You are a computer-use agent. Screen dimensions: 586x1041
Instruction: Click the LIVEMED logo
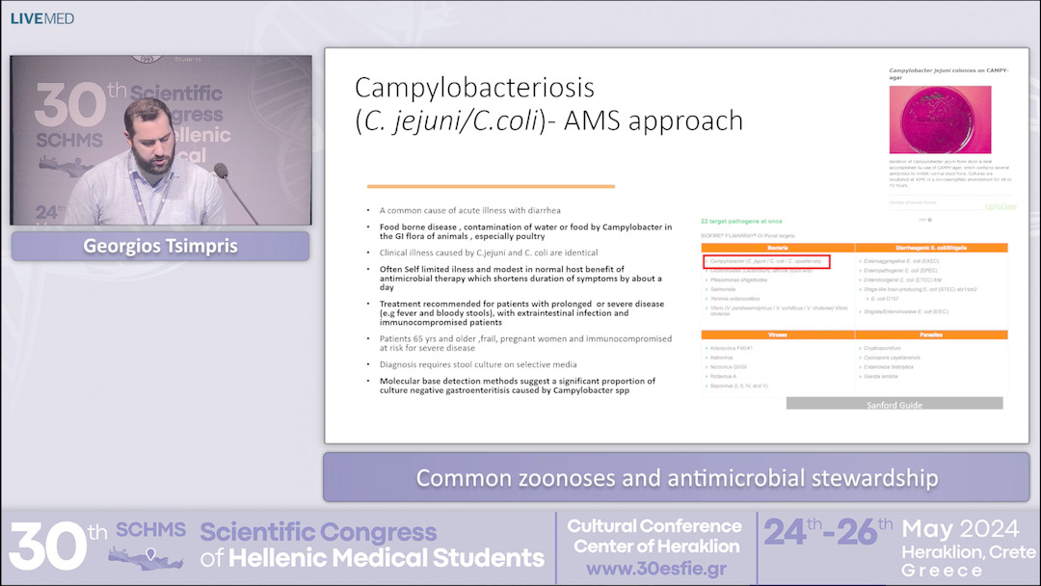coord(42,18)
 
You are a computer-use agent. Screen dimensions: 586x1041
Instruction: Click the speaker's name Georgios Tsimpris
coord(160,246)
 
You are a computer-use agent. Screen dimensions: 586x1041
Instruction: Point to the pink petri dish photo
coord(940,120)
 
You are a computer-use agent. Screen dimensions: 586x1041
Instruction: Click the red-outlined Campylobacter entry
coord(766,261)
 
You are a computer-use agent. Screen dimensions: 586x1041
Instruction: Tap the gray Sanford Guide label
coord(894,405)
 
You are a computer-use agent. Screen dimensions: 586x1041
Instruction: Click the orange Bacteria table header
coord(778,249)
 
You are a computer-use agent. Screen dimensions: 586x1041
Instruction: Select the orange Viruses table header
coord(778,334)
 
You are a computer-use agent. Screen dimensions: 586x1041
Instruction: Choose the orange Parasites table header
coord(931,334)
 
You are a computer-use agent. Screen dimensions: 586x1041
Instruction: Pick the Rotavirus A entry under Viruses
coord(732,376)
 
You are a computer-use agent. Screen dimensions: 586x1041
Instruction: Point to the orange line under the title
coord(491,187)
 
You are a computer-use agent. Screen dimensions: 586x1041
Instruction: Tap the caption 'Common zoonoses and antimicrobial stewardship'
coord(677,478)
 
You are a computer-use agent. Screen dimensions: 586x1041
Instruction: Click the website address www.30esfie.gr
coord(654,569)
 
